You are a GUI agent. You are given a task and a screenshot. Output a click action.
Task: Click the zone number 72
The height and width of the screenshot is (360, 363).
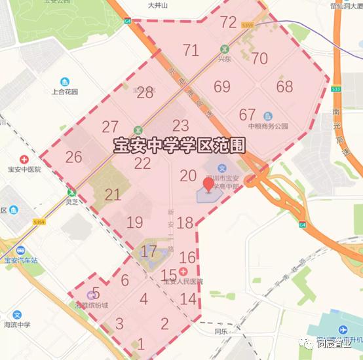click(x=228, y=22)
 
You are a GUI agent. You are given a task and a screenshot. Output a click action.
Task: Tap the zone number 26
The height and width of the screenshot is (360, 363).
click(x=73, y=157)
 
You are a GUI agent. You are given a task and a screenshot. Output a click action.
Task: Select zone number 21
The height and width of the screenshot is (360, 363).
click(x=113, y=194)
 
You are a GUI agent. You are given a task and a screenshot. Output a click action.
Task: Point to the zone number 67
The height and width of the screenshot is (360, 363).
click(x=247, y=115)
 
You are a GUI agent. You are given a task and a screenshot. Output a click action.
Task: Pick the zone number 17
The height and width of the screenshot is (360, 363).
click(x=149, y=251)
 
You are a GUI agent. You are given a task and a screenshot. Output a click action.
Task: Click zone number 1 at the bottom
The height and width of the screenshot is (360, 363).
click(x=140, y=344)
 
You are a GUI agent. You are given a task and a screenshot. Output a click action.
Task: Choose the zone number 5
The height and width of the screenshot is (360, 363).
click(x=96, y=293)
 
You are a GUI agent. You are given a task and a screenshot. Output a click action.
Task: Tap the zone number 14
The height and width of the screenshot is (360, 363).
click(x=188, y=299)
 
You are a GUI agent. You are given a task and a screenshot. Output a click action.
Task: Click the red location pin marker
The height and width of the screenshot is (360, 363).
click(x=209, y=185)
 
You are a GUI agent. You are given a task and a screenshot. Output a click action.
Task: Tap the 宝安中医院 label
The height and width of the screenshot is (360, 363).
click(x=24, y=169)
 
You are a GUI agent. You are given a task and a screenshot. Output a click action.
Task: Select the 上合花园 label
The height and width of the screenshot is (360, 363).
click(x=65, y=92)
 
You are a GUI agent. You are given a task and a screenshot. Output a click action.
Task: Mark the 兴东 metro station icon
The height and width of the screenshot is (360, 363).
click(x=225, y=49)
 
